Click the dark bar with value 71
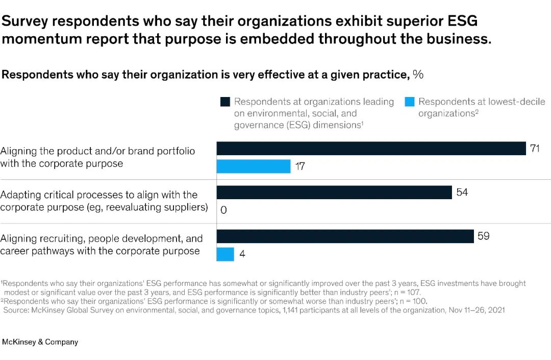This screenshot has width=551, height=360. (371, 149)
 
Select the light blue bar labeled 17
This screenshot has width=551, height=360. (254, 166)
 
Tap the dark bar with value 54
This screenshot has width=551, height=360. (334, 192)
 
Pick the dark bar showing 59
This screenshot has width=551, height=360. (345, 236)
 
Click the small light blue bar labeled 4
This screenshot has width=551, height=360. (226, 254)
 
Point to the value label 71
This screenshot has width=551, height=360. (536, 149)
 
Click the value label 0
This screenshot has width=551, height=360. (223, 210)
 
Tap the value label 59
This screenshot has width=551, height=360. (484, 236)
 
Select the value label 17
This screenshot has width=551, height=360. (300, 166)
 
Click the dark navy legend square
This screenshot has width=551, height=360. (225, 102)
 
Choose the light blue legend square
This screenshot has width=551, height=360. (409, 102)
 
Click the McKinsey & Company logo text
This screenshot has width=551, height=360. (40, 342)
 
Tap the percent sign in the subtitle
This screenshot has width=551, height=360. (418, 75)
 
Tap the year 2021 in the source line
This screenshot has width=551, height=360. (495, 310)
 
